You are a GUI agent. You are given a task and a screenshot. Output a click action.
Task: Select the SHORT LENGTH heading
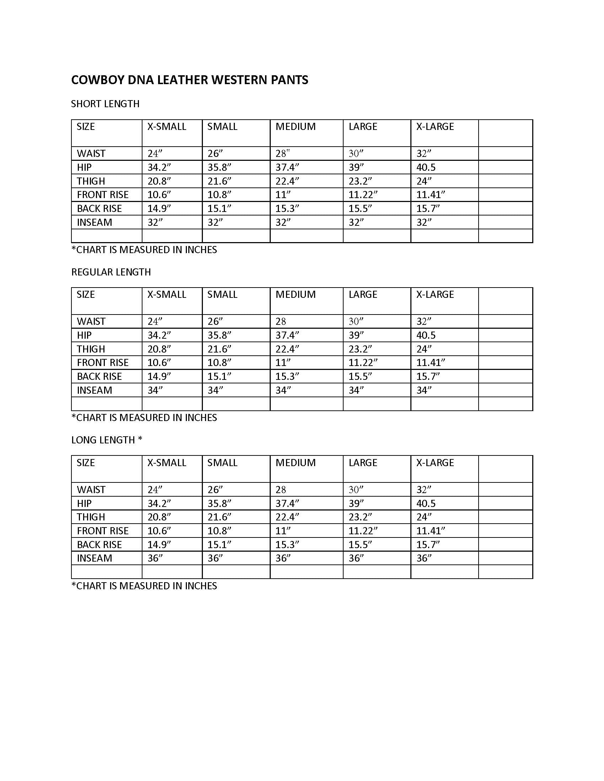click(105, 104)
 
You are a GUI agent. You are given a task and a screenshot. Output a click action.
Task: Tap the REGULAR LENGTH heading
click(111, 272)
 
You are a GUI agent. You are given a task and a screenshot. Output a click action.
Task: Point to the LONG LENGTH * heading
click(106, 440)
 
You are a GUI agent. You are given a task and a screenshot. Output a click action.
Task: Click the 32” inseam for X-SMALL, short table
click(155, 223)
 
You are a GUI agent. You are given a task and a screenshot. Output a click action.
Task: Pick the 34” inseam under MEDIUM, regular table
click(283, 390)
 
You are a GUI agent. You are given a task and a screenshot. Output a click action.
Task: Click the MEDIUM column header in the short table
click(295, 127)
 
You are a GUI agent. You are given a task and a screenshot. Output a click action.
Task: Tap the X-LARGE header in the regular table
click(435, 294)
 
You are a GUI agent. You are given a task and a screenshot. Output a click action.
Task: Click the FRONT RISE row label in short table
click(102, 195)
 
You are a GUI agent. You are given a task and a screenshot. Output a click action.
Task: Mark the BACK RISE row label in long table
click(99, 545)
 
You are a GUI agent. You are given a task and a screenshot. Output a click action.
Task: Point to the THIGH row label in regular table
click(91, 349)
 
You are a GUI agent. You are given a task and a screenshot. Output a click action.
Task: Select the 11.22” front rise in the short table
click(363, 195)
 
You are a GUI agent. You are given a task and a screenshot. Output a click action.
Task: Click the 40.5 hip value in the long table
click(426, 503)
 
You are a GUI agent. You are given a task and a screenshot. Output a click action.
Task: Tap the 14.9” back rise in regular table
click(159, 377)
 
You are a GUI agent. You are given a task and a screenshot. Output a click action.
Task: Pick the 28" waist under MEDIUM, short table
click(282, 154)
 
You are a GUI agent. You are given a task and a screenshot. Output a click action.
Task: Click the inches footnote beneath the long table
click(144, 586)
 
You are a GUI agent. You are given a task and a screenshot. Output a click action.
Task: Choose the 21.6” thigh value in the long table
click(219, 517)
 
